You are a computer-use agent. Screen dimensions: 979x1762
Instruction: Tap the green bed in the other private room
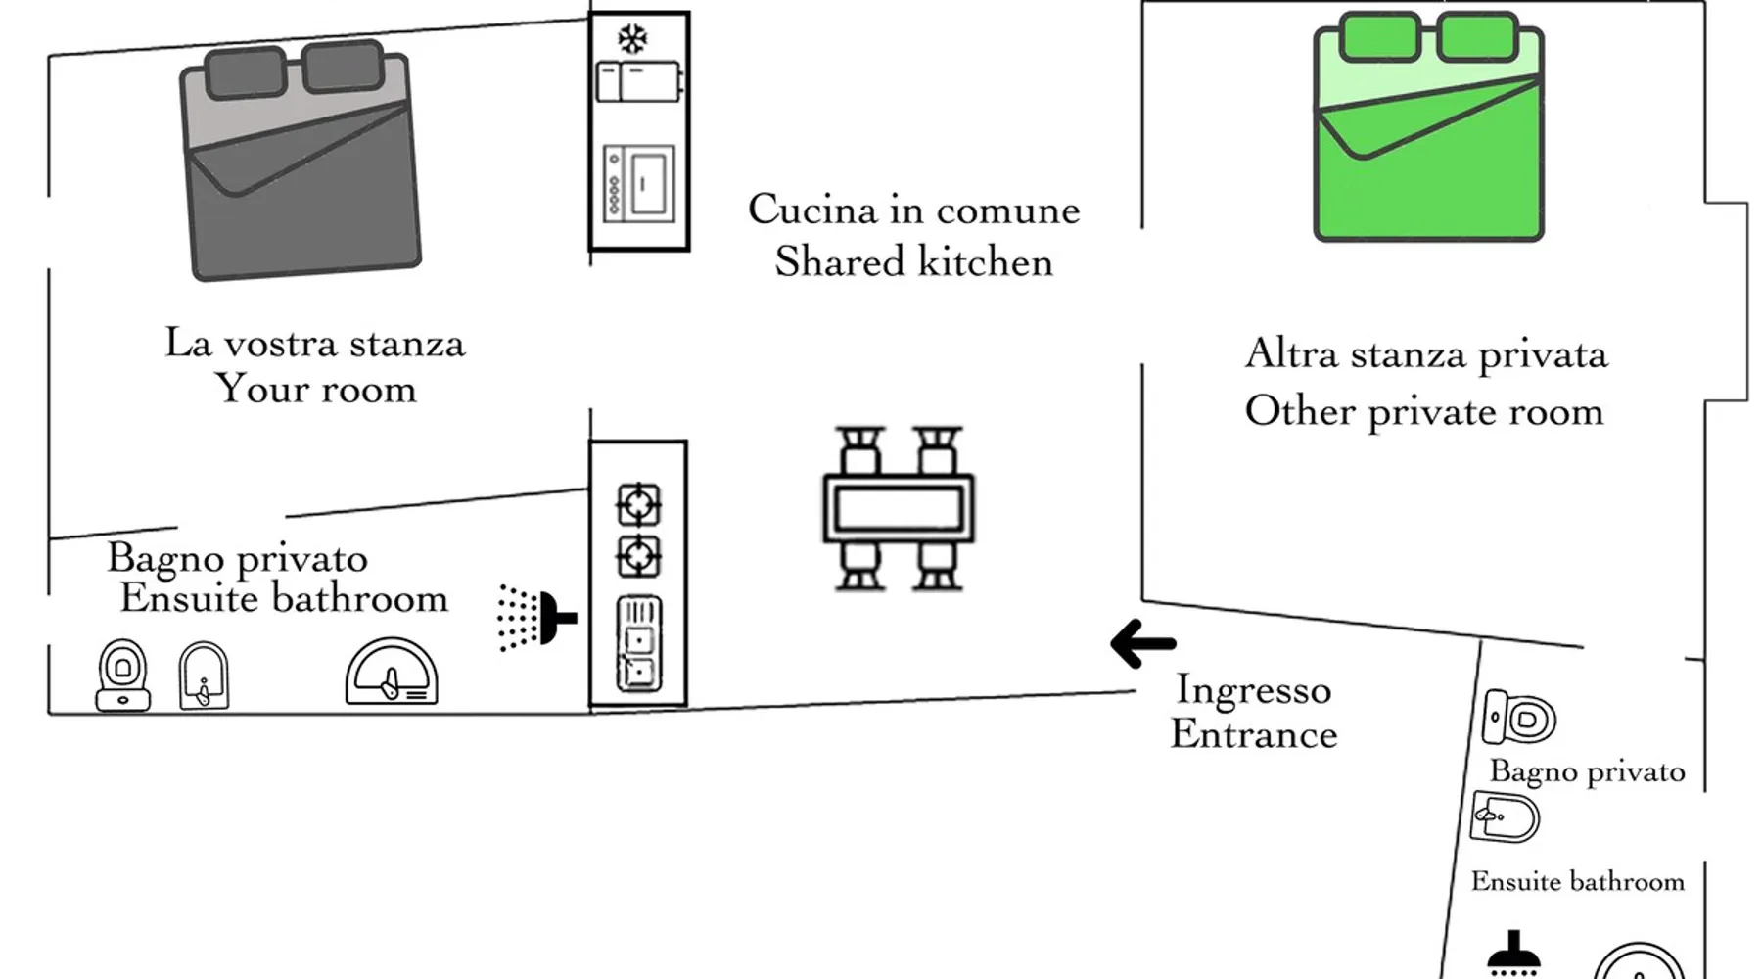click(1427, 127)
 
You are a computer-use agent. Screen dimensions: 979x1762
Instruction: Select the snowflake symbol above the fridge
click(632, 39)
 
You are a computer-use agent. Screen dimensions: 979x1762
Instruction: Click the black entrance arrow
click(1142, 643)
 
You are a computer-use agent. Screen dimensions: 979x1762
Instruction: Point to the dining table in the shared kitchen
click(899, 508)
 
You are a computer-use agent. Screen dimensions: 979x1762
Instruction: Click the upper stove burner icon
click(638, 505)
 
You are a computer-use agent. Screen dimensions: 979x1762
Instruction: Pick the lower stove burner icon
click(638, 557)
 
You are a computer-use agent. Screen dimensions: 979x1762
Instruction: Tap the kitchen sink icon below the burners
click(638, 643)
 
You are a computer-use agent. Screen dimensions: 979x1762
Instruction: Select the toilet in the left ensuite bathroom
click(122, 675)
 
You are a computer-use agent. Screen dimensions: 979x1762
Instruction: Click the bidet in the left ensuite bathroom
click(204, 676)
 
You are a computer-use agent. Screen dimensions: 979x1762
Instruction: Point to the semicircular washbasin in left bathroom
click(392, 673)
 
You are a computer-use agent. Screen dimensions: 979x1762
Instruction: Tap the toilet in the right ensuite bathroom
click(1519, 718)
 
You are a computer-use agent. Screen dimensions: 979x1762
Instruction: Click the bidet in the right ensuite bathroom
click(1505, 816)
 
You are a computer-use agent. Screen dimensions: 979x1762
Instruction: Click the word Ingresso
click(1253, 690)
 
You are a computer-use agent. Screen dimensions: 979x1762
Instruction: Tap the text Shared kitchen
click(913, 262)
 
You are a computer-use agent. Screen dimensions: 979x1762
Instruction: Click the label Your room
click(315, 389)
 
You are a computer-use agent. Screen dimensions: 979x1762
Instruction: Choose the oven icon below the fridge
click(639, 183)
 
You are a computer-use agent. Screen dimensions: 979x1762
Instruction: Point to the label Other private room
click(1424, 411)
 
